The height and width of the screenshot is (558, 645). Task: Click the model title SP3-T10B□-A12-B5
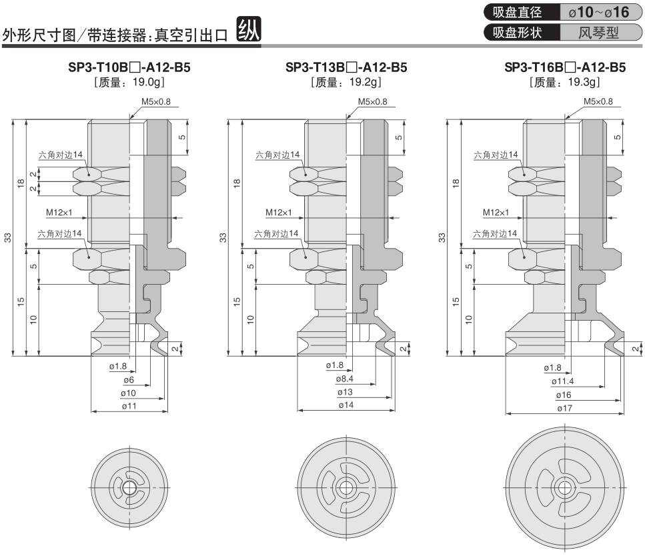click(x=129, y=67)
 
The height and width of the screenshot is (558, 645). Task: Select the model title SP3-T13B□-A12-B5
click(x=346, y=67)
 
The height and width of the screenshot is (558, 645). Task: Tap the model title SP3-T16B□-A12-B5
click(x=565, y=67)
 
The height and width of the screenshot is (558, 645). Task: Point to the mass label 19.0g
click(x=129, y=82)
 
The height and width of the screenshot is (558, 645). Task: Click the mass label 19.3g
click(x=565, y=82)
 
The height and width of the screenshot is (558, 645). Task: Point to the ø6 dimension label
click(x=129, y=379)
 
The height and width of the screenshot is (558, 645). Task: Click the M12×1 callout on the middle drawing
click(x=278, y=213)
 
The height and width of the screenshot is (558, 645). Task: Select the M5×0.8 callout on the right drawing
click(x=598, y=101)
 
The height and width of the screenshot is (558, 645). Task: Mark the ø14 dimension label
click(x=346, y=405)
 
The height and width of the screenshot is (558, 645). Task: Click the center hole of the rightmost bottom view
click(x=565, y=486)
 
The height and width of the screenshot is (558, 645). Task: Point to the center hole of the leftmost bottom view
click(x=128, y=486)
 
